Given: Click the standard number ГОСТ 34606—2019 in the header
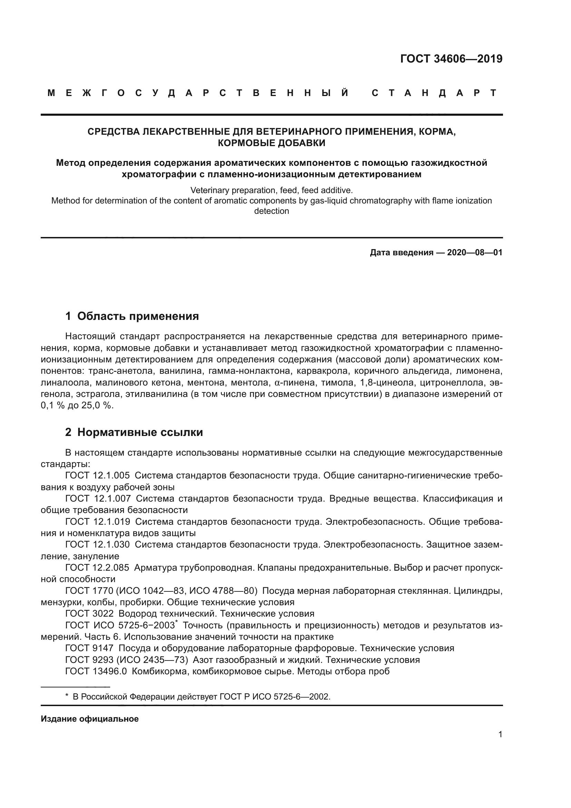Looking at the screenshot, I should click(451, 59).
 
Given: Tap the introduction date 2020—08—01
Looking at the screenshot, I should click(474, 253).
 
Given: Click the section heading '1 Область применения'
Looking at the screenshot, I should click(132, 316).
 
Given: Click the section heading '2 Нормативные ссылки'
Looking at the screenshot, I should click(134, 432).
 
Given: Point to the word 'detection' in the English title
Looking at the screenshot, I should click(271, 211).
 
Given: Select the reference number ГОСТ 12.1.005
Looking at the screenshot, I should click(97, 475).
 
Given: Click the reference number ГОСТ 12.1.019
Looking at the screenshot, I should click(97, 522).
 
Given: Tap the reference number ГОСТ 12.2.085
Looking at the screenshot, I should click(97, 568).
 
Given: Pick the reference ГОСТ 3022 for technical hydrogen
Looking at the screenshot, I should click(89, 614).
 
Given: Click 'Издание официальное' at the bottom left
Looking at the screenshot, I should click(90, 719).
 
